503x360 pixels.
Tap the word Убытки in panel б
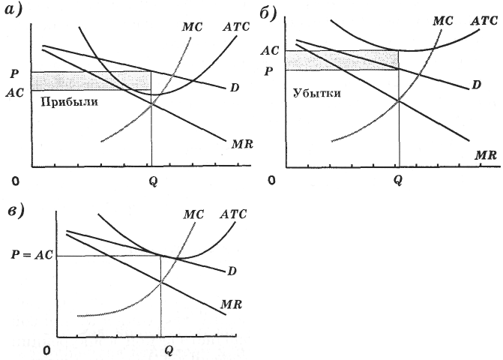pos(317,94)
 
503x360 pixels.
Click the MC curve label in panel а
pos(193,27)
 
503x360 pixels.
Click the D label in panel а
pos(235,88)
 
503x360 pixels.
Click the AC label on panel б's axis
pos(270,51)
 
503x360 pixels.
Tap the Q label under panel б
pos(397,180)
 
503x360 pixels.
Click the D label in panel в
pos(233,270)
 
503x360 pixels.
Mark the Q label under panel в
pos(169,349)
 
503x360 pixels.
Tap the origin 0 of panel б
pos(274,181)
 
